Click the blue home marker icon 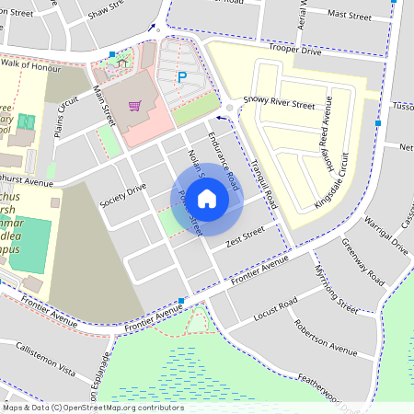point(206,198)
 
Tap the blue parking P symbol point(181,78)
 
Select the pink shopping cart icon point(135,106)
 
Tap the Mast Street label point(349,15)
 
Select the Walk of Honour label point(34,63)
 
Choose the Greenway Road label point(362,260)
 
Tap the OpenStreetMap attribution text point(93,407)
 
